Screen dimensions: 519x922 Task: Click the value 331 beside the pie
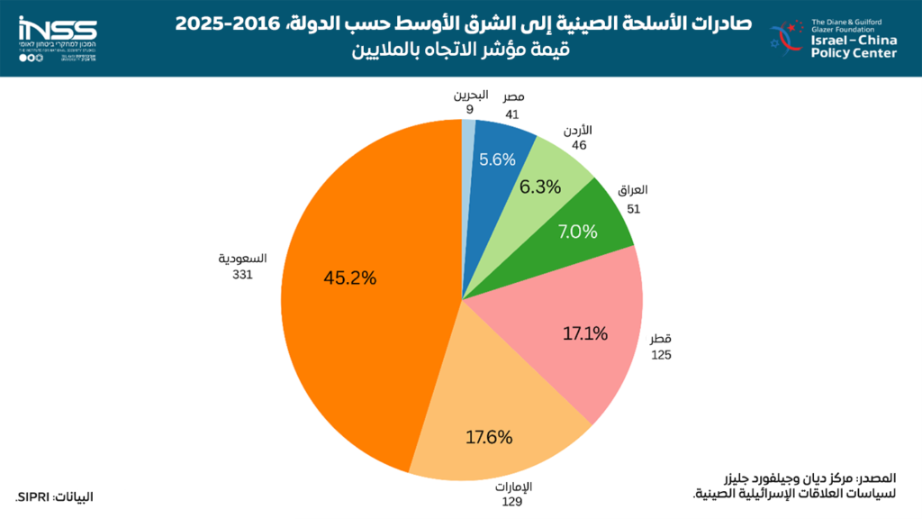[241, 275]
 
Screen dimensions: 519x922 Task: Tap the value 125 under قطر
[661, 355]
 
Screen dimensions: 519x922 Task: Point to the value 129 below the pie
[512, 502]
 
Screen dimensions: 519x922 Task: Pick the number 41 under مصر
[513, 114]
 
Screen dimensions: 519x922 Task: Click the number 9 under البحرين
[470, 109]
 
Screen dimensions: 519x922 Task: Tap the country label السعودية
[241, 259]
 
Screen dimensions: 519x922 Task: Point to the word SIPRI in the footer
[33, 497]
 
